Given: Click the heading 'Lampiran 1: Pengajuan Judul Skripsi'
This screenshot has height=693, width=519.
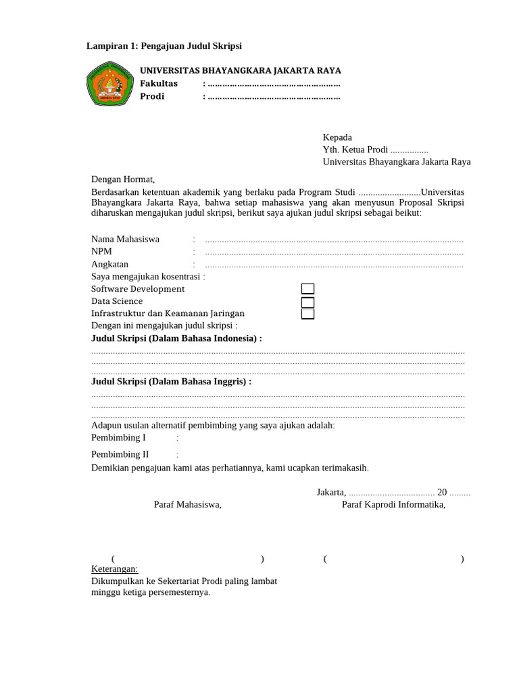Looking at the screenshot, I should tap(164, 46).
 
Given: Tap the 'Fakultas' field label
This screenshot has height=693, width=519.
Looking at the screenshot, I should tap(159, 83).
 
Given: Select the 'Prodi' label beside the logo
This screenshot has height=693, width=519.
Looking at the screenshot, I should tap(152, 96).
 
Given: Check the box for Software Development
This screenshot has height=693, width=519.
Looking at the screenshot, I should tap(307, 289).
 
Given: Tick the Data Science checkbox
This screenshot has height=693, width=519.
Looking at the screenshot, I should tap(307, 302).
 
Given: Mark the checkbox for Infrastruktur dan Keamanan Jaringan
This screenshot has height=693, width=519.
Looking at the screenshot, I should tap(307, 313).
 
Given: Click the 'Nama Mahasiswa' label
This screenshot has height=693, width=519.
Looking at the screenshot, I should tap(126, 239).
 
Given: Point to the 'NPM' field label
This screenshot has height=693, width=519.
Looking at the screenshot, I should tap(102, 251).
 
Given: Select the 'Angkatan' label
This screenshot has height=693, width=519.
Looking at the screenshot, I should tap(110, 264).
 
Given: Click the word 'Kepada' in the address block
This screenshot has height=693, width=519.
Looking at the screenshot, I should tap(337, 137).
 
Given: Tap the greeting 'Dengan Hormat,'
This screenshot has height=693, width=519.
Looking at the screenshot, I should tap(123, 179).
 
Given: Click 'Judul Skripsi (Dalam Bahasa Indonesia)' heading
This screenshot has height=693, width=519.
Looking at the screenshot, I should tap(176, 338).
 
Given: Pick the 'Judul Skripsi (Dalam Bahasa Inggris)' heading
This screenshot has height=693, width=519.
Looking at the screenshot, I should tap(171, 382).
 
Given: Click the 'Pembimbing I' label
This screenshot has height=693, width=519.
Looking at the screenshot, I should tap(118, 437).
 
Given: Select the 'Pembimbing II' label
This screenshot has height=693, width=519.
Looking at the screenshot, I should tap(120, 454).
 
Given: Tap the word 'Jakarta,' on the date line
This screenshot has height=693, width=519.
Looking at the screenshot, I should tap(331, 492).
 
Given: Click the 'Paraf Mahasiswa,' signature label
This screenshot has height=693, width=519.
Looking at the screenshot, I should tap(188, 504).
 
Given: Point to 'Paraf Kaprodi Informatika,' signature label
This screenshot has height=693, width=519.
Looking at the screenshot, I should tap(393, 504).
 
